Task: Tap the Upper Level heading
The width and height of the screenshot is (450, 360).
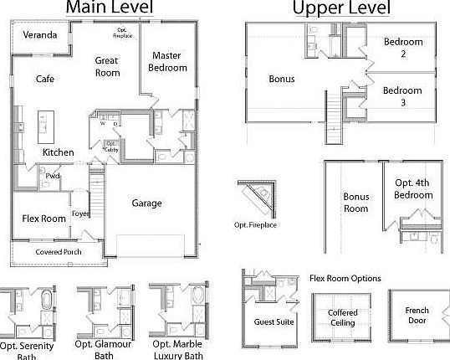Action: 341,8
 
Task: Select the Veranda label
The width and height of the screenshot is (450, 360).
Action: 40,36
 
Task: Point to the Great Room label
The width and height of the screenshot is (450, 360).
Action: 106,66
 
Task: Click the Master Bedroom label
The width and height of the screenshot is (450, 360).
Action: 168,62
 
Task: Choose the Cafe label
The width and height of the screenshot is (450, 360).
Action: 45,80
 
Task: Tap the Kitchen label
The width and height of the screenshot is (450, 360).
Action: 58,152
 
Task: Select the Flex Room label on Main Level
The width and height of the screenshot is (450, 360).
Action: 43,219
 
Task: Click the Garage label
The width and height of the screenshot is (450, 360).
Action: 146,203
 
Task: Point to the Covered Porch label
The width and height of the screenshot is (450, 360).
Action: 57,251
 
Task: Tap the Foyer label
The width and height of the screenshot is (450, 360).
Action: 80,213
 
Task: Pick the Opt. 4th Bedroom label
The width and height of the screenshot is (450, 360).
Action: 414,189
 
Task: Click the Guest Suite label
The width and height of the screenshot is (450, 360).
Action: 274,321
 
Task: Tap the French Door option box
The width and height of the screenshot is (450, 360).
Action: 417,316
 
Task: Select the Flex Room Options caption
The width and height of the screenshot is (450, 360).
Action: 345,279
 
